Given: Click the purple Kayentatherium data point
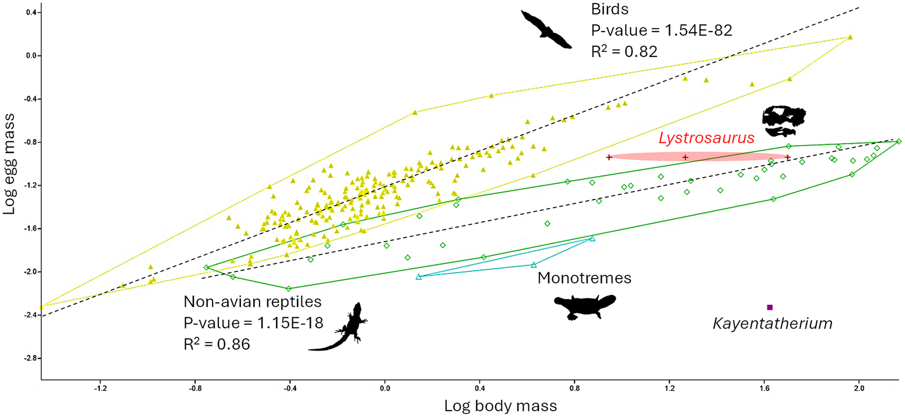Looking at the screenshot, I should click(x=770, y=307).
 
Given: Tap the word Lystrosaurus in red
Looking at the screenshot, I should click(x=706, y=138).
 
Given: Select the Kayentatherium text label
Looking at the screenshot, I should click(x=772, y=324).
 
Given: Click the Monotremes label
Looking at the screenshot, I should click(x=584, y=278).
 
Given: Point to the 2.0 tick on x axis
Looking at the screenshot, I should click(x=859, y=388).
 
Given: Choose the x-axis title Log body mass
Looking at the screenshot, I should click(x=500, y=406).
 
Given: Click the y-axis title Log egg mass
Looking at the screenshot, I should click(x=9, y=164).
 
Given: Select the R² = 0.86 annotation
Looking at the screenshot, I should click(x=217, y=344).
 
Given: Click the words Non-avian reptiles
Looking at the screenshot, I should click(x=252, y=302).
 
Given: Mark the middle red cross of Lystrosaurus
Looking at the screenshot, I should click(x=685, y=157).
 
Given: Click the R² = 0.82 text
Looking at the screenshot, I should click(x=624, y=52).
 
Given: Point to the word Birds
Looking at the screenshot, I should click(x=609, y=10).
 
